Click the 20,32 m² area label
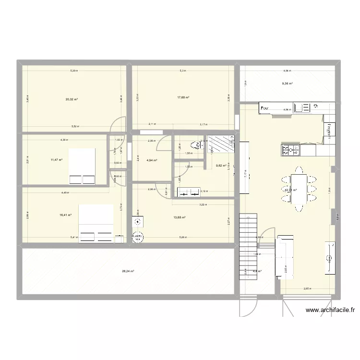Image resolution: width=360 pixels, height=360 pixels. [72, 100]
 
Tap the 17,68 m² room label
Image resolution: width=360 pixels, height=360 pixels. [183, 98]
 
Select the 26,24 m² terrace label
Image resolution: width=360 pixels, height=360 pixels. [128, 271]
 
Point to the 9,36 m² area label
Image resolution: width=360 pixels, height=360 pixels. [287, 84]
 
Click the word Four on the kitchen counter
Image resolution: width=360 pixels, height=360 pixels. [264, 109]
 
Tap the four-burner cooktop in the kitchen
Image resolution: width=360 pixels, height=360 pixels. [290, 150]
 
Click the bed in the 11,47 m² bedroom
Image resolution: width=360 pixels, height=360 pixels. [82, 166]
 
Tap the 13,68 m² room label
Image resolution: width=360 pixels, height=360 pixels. [180, 217]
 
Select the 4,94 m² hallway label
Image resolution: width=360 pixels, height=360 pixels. [152, 160]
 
